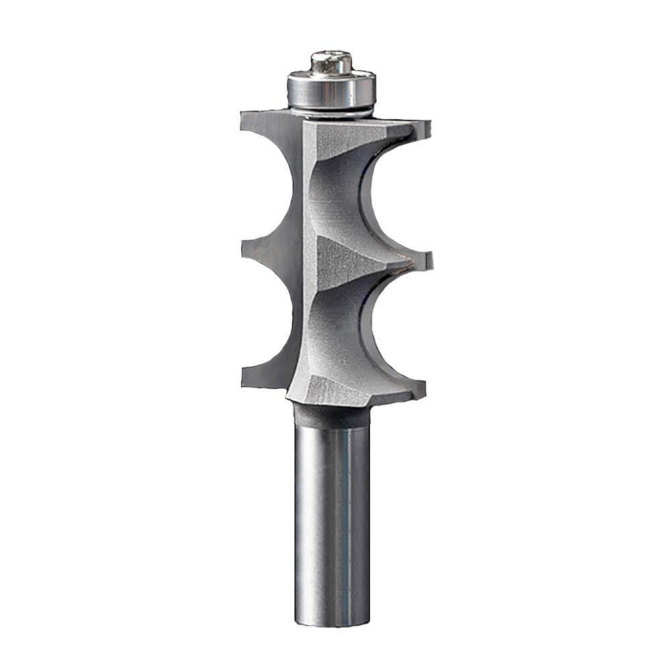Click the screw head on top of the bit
[331, 62]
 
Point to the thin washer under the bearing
[331, 111]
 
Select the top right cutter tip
[423, 127]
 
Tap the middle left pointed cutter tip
[246, 248]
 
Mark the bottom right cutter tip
[419, 388]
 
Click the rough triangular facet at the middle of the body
[342, 258]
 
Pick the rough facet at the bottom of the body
[335, 389]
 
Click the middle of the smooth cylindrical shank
[332, 523]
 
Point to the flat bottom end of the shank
[332, 623]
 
